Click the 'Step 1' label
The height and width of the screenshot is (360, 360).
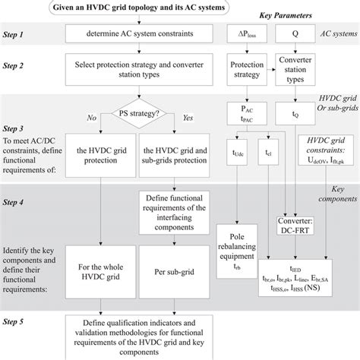tap(19, 35)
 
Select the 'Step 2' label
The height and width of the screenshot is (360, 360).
tap(19, 67)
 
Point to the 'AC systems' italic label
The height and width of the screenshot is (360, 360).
tap(336, 35)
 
